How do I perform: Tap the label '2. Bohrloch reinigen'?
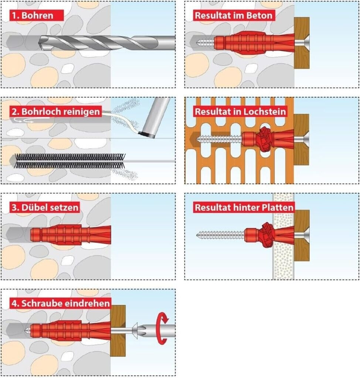point(55,111)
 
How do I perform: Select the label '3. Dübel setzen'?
point(45,207)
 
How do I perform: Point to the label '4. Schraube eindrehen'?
point(61,303)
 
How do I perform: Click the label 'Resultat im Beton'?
point(234,16)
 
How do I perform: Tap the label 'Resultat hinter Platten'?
point(244,207)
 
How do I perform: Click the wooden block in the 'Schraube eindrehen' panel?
point(118,330)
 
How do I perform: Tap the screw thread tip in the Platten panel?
point(200,234)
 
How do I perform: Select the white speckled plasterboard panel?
point(283,255)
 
